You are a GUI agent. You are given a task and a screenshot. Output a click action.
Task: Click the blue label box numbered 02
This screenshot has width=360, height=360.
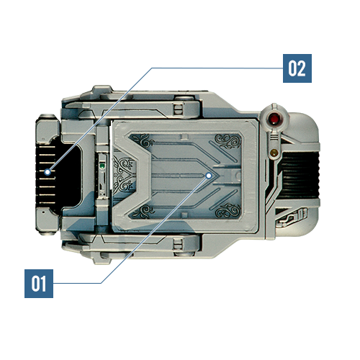tap(297, 68)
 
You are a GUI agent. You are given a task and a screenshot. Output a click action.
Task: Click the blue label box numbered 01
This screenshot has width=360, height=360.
tap(39, 284)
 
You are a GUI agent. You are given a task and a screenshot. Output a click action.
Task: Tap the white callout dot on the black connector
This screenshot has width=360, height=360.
tap(48, 172)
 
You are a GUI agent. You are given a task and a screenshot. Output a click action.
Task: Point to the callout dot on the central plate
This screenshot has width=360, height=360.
tap(209, 176)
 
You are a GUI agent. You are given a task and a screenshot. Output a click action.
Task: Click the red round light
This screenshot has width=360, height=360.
tap(274, 119)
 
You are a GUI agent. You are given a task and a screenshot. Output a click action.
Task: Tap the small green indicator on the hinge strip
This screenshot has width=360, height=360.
tap(102, 166)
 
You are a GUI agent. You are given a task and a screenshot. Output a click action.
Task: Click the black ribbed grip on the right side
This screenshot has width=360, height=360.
tap(300, 175)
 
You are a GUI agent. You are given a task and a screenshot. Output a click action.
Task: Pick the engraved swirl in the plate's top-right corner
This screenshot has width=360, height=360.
tap(228, 140)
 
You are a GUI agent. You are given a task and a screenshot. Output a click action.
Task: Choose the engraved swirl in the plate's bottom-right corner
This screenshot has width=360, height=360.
tap(228, 211)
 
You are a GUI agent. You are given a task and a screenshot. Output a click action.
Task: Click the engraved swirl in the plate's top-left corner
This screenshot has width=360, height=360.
tap(142, 140)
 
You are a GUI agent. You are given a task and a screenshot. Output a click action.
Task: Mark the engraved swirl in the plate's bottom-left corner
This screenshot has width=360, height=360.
tap(142, 212)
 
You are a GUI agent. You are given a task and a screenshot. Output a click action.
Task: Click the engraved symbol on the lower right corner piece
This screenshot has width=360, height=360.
tap(292, 217)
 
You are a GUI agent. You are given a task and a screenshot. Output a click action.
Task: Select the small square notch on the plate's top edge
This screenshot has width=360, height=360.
tap(184, 137)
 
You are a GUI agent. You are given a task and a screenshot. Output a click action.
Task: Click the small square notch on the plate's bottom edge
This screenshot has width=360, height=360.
tap(184, 215)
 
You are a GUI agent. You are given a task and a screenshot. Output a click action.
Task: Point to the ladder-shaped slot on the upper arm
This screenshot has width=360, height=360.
tap(179, 109)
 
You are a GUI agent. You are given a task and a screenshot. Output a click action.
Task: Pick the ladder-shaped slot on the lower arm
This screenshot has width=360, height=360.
tap(179, 244)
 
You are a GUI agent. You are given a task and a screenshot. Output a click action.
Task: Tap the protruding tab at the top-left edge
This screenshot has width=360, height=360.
tap(102, 89)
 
